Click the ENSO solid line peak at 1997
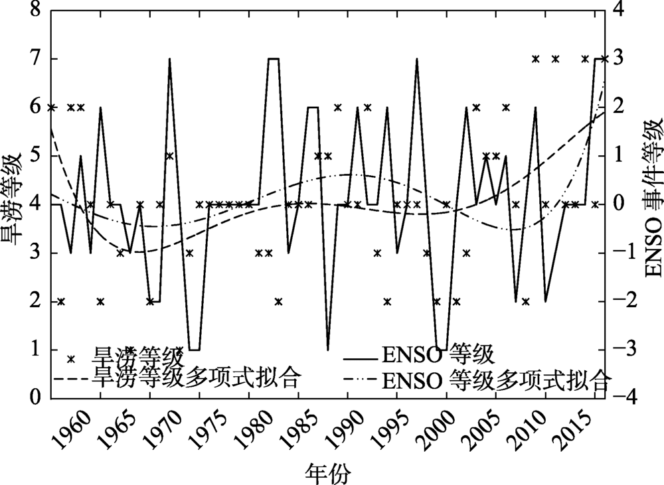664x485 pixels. point(417,59)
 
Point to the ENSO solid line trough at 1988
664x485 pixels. point(328,349)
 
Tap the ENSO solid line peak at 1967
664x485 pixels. point(169,59)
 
